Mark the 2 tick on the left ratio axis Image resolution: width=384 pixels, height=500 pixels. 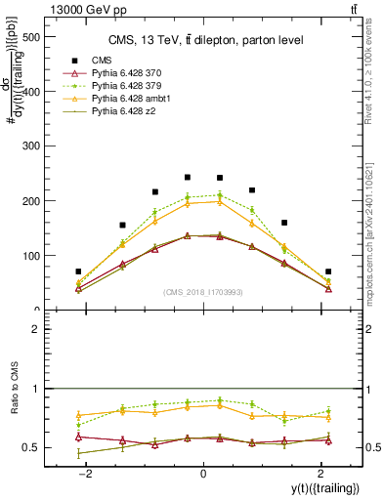[x=37, y=330]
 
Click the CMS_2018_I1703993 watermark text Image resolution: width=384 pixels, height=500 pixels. [x=203, y=293]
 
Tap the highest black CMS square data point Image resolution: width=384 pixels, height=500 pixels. [x=188, y=178]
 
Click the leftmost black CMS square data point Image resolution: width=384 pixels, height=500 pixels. [x=78, y=271]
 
